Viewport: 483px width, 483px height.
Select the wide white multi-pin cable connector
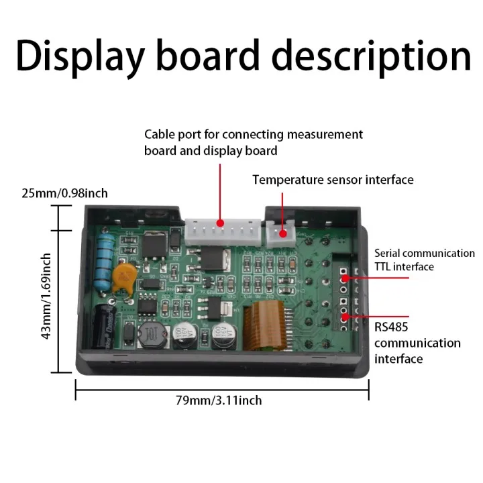[221, 230]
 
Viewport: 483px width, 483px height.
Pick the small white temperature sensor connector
[282, 232]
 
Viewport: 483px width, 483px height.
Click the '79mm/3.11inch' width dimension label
[219, 400]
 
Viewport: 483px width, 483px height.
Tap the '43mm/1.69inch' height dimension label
[46, 295]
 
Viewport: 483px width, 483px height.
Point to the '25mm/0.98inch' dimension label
[65, 193]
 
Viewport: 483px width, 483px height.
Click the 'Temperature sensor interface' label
[333, 180]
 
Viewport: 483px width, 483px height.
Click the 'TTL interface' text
[404, 267]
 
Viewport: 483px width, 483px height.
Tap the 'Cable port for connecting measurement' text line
[254, 134]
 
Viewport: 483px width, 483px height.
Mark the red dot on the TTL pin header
[343, 276]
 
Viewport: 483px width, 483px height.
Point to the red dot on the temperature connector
[282, 234]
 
